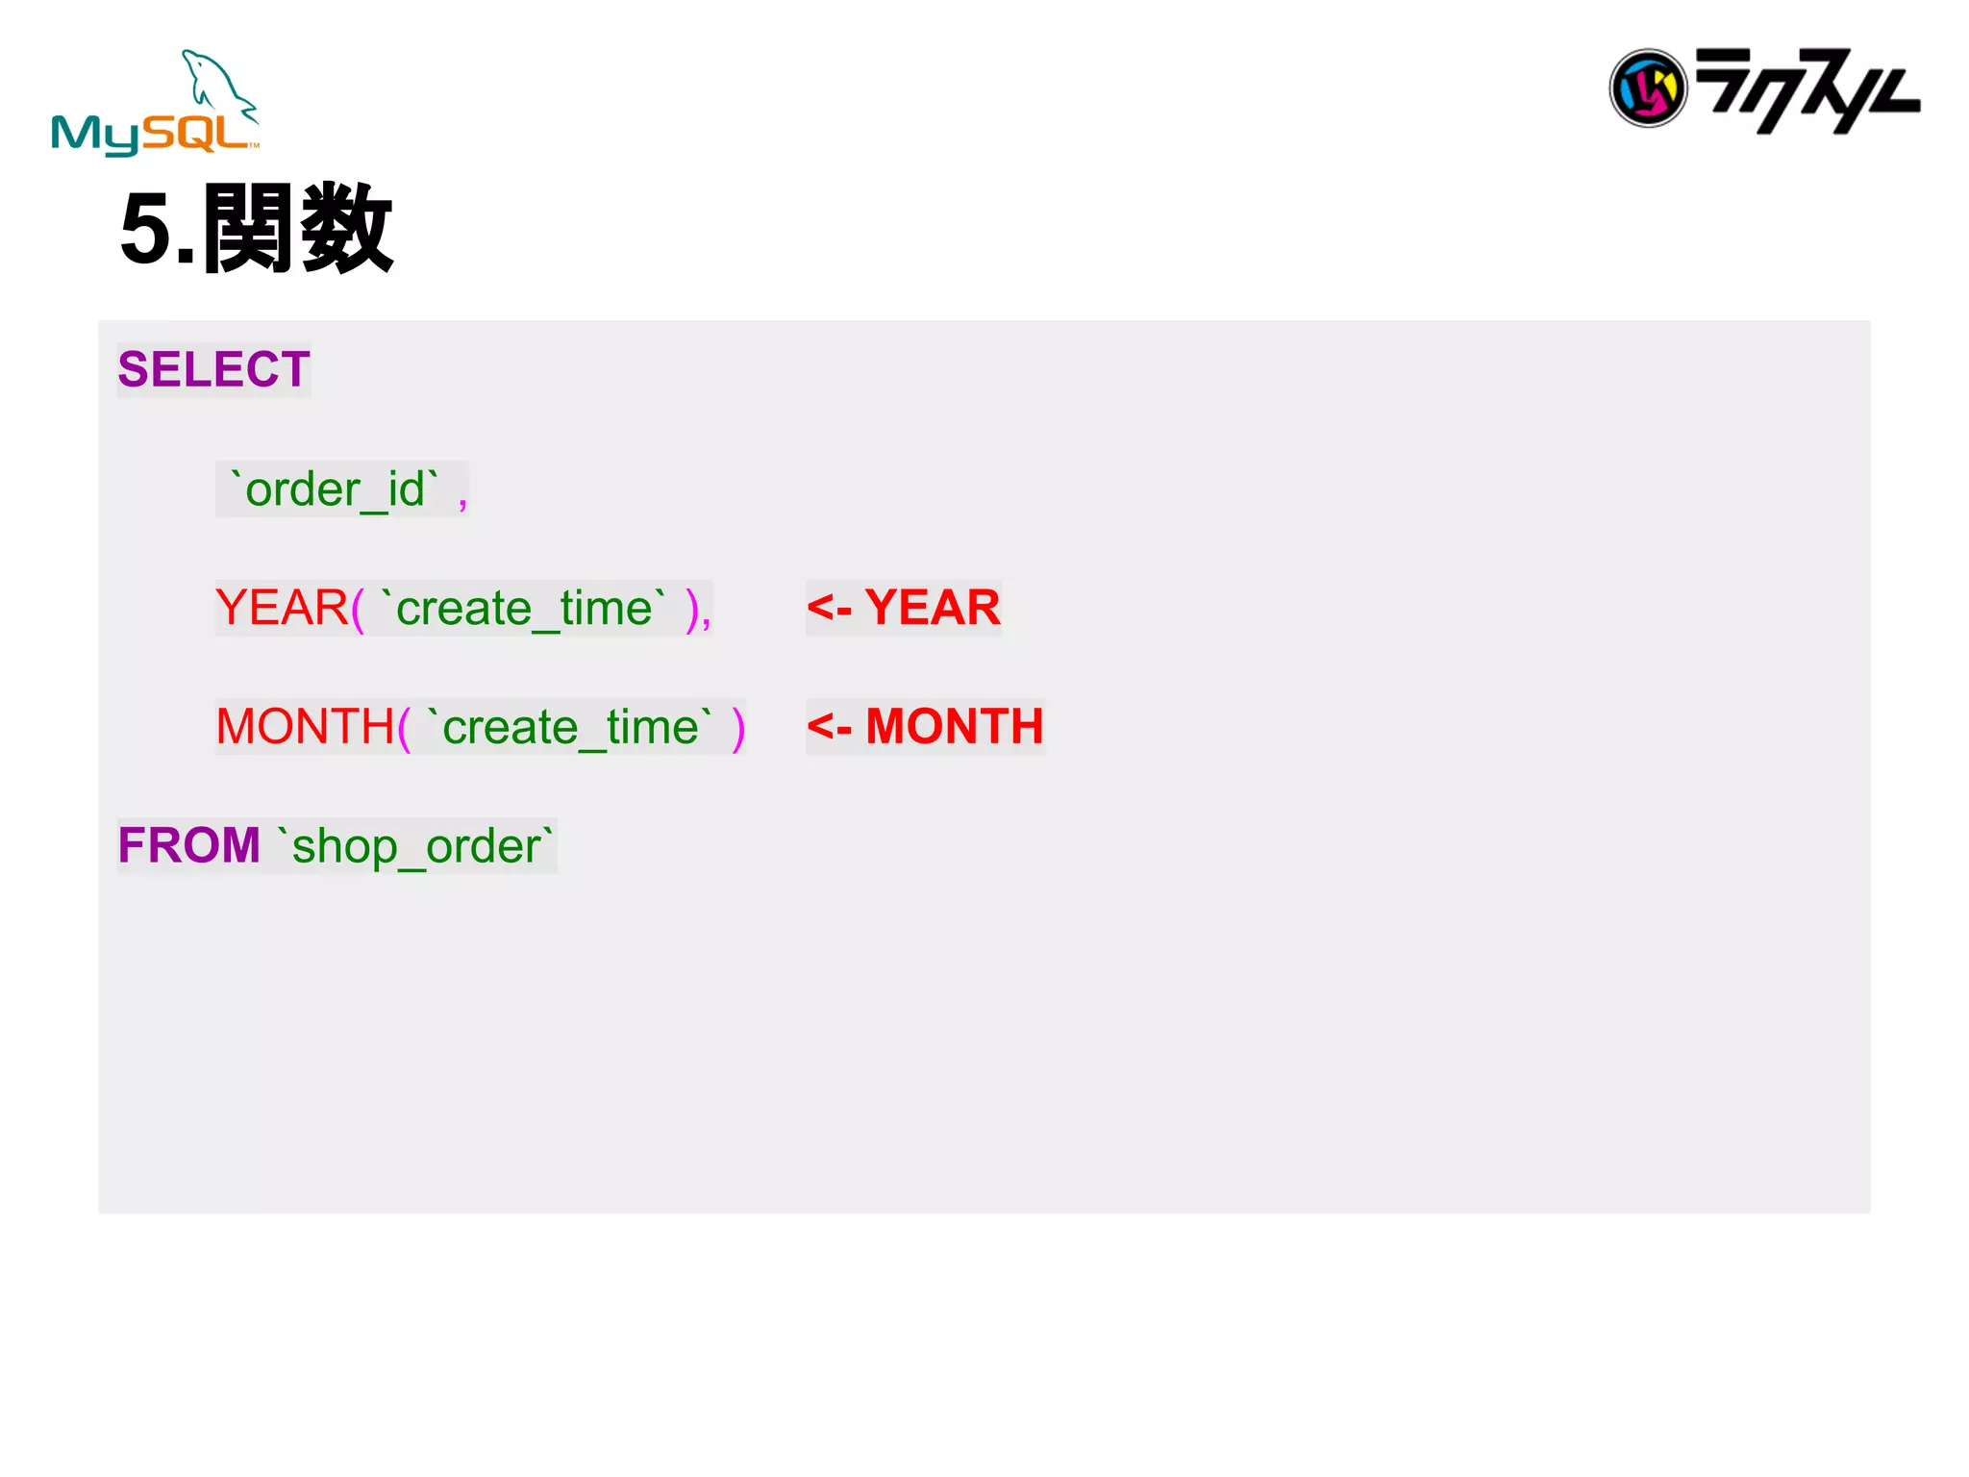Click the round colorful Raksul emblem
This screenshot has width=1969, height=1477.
1648,88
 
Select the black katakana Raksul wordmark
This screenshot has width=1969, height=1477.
1807,90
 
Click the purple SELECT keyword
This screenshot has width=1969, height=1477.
213,369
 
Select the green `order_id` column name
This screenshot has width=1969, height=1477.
335,489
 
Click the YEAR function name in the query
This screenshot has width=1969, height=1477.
282,608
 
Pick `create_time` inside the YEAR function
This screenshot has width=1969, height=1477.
524,608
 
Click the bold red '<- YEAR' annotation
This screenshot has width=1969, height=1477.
904,608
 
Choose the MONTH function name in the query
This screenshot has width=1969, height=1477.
305,727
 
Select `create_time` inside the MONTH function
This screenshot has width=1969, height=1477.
571,727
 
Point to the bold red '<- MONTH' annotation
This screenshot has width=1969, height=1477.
925,727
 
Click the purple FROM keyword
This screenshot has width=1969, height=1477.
188,845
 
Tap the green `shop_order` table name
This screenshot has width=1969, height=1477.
416,846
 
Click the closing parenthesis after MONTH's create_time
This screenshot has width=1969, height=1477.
738,729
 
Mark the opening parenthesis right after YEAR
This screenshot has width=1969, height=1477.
358,610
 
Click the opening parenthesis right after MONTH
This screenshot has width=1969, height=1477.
404,729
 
